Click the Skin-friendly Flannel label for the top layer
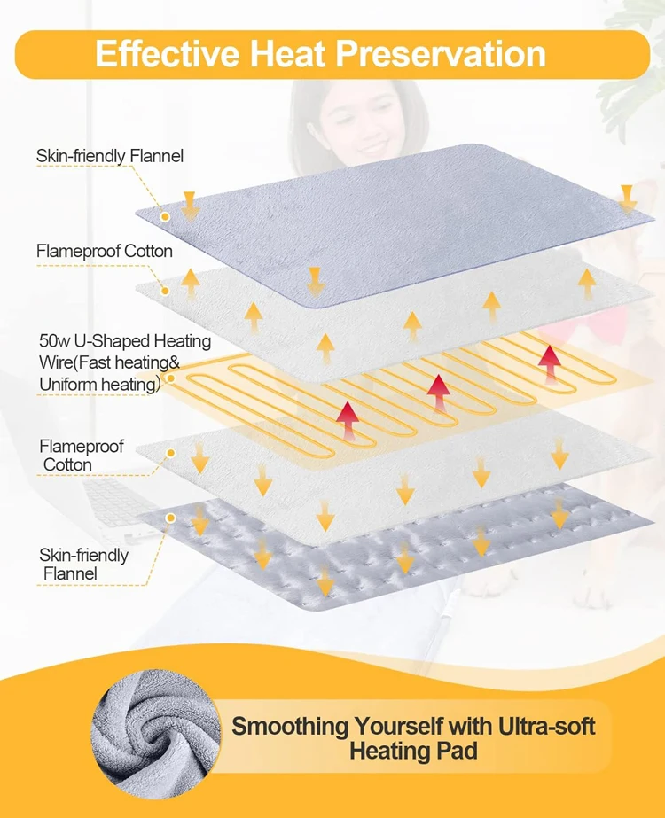pyautogui.click(x=110, y=156)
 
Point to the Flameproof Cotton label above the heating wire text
pyautogui.click(x=105, y=251)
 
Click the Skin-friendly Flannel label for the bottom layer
pyautogui.click(x=83, y=565)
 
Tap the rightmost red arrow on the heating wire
pyautogui.click(x=549, y=362)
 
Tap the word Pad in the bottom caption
pyautogui.click(x=460, y=752)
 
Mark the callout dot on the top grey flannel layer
pyautogui.click(x=165, y=215)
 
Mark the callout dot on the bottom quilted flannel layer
pyautogui.click(x=169, y=516)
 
